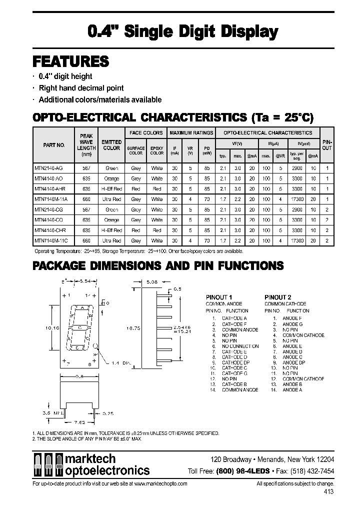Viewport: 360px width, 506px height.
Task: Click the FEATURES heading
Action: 70,61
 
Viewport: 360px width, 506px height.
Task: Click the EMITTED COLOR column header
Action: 111,145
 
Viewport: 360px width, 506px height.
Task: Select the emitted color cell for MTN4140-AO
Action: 111,178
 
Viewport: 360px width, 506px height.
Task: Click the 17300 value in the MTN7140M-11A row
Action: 297,199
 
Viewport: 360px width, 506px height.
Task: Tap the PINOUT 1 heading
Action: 219,297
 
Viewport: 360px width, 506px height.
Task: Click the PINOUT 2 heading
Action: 277,297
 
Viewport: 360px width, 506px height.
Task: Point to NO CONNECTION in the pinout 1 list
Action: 240,346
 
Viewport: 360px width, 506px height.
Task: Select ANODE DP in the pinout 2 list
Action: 293,362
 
